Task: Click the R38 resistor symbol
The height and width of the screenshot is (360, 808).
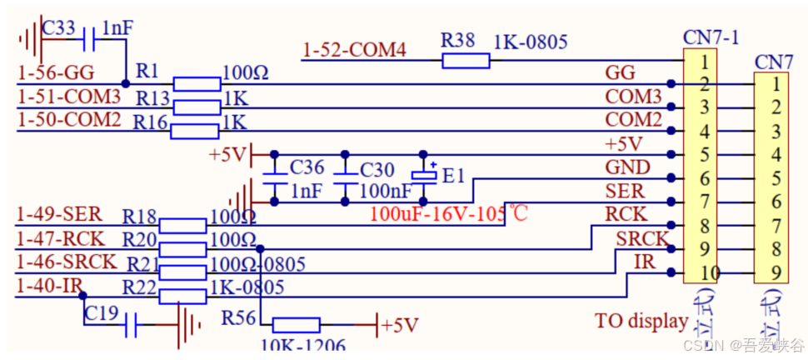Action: tap(466, 60)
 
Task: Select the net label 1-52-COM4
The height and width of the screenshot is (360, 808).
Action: tap(354, 51)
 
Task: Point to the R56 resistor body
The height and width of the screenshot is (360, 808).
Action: tap(296, 324)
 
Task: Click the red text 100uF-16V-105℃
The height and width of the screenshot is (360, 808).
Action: tap(449, 214)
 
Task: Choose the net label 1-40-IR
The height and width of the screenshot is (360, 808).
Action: tap(48, 286)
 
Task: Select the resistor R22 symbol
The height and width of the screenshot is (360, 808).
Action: tap(182, 296)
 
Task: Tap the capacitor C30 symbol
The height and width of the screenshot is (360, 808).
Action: tap(345, 177)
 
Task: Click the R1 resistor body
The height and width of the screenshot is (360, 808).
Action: tap(197, 83)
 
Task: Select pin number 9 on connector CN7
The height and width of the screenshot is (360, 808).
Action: tap(776, 272)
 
